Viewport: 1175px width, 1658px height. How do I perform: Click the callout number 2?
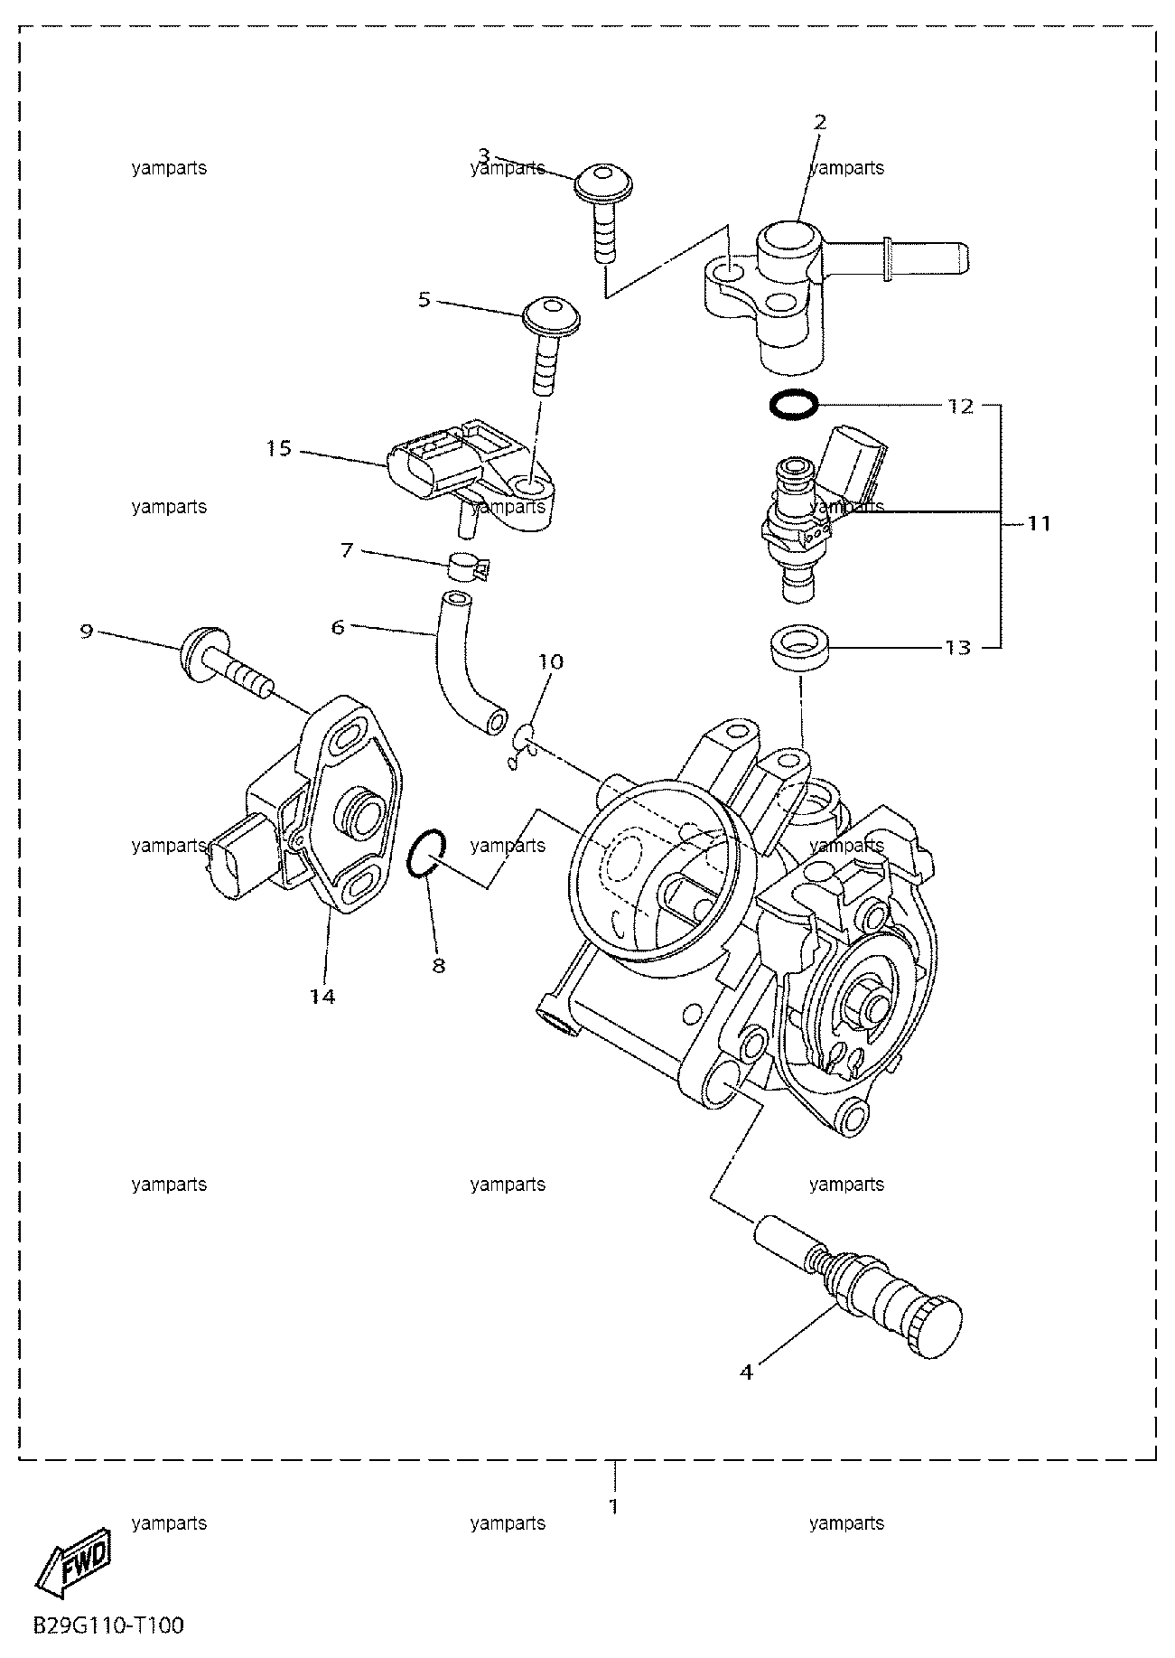click(x=820, y=123)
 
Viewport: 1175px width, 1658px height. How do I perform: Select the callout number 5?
click(x=424, y=299)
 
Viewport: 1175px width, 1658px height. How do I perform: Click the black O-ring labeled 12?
click(x=794, y=404)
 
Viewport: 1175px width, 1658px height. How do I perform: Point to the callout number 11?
click(x=1040, y=523)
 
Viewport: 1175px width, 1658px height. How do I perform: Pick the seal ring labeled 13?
click(x=800, y=647)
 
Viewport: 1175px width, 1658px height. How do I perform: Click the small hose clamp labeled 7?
click(x=468, y=567)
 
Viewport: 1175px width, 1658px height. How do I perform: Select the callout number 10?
click(x=551, y=662)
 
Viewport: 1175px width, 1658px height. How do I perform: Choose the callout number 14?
click(x=322, y=997)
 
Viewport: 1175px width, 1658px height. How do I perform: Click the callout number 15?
click(x=279, y=448)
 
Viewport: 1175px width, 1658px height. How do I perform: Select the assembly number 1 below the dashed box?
click(x=614, y=1507)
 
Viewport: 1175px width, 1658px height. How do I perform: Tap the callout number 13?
click(x=957, y=648)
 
